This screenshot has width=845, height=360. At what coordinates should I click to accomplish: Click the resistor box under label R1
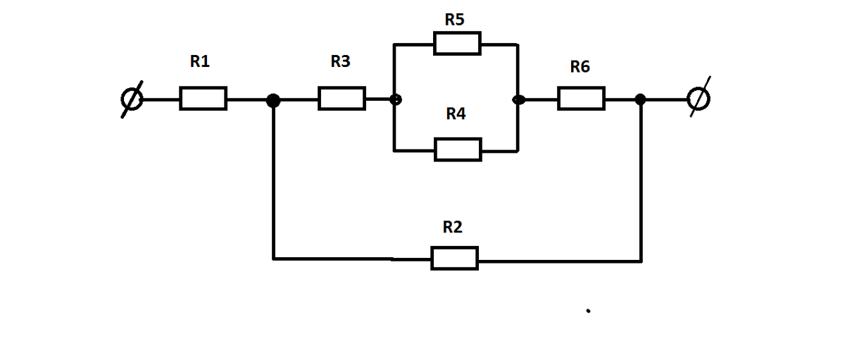point(203,99)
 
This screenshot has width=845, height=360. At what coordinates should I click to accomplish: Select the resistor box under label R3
point(342,99)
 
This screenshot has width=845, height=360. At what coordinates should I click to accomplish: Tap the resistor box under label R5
point(457,44)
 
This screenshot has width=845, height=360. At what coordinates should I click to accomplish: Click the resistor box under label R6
point(581,99)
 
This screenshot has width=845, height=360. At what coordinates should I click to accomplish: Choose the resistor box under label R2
point(454,258)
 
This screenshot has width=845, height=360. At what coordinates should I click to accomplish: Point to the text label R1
point(200,62)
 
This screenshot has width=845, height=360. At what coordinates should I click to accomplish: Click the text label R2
point(452,228)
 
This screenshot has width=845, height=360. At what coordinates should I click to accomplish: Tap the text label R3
point(340,62)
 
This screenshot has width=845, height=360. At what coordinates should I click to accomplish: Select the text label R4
point(456,113)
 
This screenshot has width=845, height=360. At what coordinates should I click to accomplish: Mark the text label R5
point(454,20)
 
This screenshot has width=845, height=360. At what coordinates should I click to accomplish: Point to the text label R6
point(580,67)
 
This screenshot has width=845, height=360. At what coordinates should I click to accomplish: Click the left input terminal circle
point(132,100)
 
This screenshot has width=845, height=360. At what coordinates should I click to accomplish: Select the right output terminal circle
point(699,99)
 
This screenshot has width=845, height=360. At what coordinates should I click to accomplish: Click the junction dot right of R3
point(396,100)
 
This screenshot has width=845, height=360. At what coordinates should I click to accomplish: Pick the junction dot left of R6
point(518,100)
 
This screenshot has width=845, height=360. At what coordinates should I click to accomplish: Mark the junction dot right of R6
point(640,99)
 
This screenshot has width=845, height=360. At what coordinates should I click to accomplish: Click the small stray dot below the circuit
point(587,309)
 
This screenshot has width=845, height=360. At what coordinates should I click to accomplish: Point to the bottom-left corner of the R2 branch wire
point(274,259)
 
